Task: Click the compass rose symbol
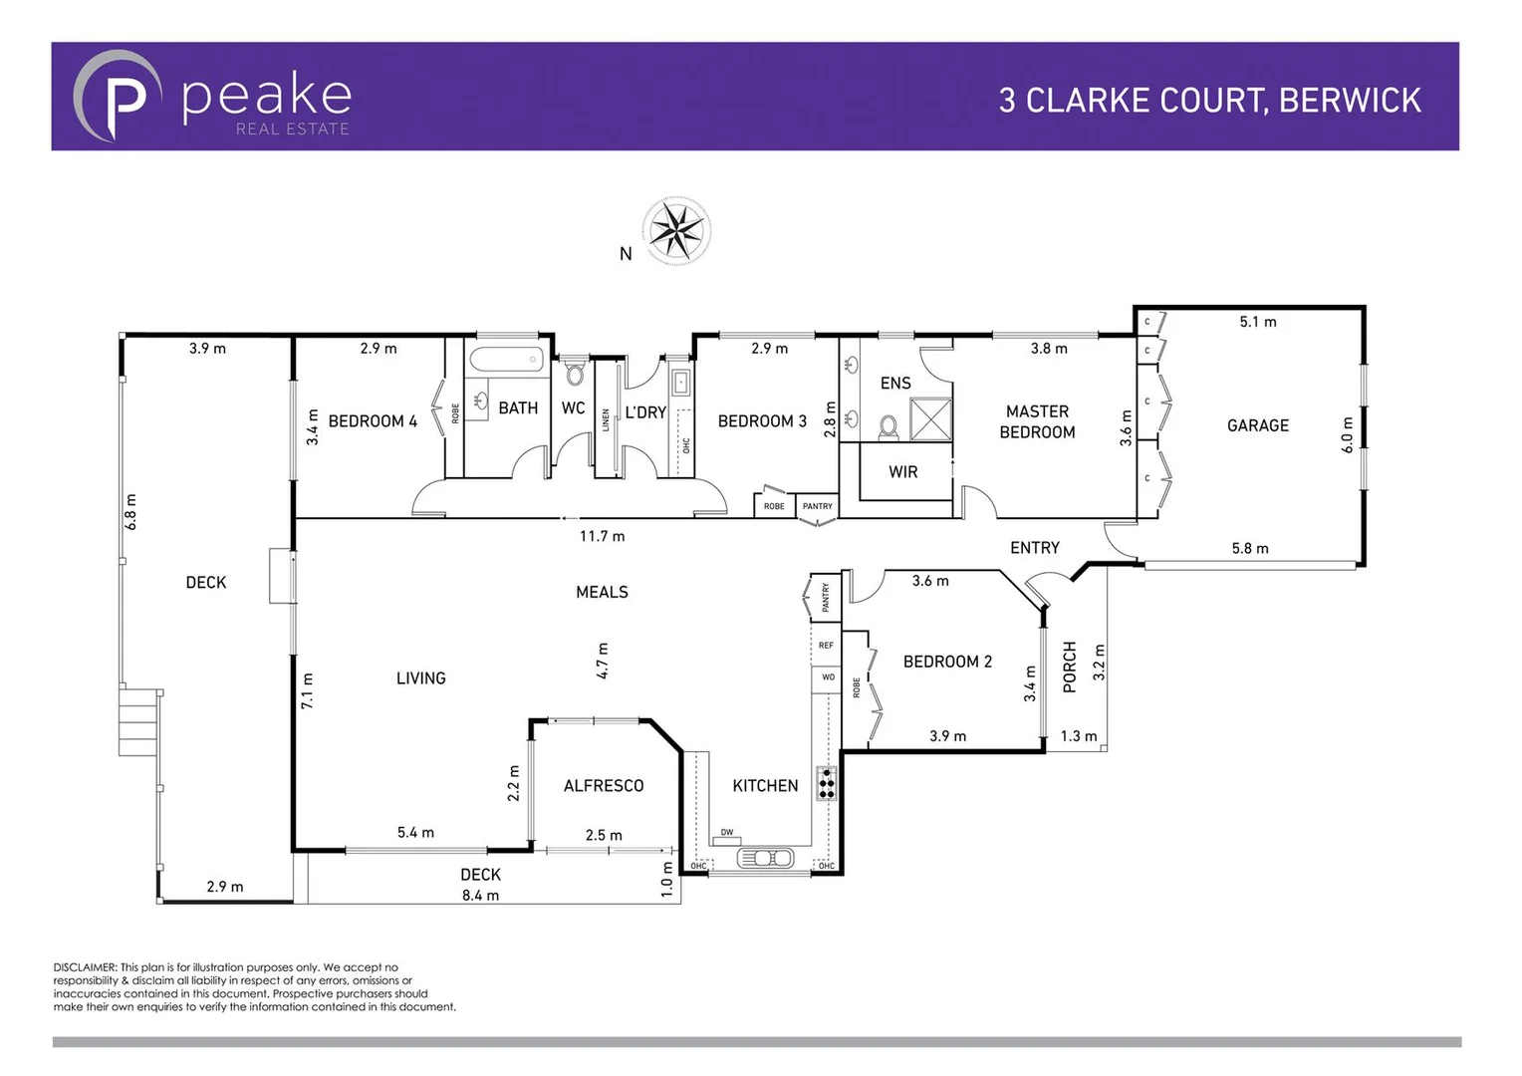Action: point(676,231)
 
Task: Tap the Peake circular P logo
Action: point(118,97)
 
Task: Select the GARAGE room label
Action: point(1257,425)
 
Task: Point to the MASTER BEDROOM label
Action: point(1037,421)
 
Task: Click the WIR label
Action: point(902,472)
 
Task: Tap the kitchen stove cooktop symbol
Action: point(827,783)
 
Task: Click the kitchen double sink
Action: point(765,858)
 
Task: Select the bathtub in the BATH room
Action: point(506,360)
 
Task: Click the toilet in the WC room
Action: point(574,375)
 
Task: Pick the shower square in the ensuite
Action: point(930,418)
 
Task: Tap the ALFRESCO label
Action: point(604,786)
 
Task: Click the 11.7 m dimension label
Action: point(602,536)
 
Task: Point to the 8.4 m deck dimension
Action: point(480,895)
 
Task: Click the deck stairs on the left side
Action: point(138,721)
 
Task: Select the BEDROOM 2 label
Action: point(947,662)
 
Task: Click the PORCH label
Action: point(1070,667)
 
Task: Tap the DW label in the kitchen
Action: point(727,833)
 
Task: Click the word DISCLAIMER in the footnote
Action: point(85,967)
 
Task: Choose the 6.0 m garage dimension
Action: point(1348,435)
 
